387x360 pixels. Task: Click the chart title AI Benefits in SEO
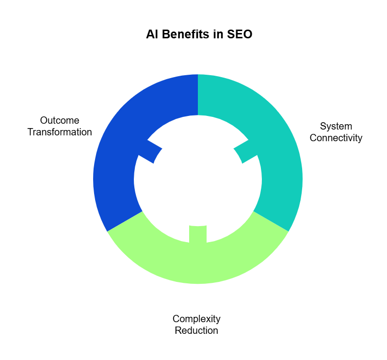click(199, 34)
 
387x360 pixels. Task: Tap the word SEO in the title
click(240, 34)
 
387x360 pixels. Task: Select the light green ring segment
click(198, 262)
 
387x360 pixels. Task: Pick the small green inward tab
click(198, 234)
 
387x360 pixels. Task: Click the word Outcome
click(60, 120)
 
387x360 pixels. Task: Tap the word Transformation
click(60, 132)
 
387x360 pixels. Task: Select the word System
click(336, 127)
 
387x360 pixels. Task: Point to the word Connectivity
click(336, 138)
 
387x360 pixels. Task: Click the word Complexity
click(196, 319)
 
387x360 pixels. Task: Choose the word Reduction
click(196, 330)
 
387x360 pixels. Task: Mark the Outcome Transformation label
click(60, 126)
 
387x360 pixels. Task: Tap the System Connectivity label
click(336, 132)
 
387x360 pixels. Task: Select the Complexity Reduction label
click(196, 325)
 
